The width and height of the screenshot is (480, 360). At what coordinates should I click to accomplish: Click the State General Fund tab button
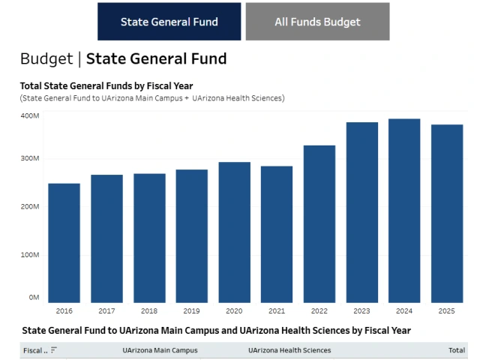(x=169, y=22)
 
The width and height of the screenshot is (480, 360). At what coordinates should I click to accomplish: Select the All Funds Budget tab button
(x=317, y=22)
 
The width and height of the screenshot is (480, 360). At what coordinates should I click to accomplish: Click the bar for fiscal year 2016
(x=64, y=243)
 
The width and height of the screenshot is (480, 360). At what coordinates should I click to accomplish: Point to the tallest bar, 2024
(x=403, y=211)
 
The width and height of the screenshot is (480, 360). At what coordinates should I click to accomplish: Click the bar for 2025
(x=446, y=214)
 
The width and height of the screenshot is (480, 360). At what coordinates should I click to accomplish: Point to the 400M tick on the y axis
(x=30, y=116)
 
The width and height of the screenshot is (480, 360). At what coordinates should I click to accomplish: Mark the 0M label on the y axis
(x=34, y=298)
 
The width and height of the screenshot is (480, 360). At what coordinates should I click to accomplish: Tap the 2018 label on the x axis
(x=149, y=310)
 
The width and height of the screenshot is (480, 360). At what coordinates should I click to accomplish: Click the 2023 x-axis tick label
(x=361, y=310)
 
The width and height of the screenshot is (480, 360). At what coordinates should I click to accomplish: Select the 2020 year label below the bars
(x=234, y=310)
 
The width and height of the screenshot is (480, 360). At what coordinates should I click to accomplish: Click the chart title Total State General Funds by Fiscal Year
(x=106, y=85)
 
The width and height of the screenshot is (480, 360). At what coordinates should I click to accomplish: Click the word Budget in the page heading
(x=46, y=58)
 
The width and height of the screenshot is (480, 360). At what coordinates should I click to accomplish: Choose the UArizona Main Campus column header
(x=160, y=350)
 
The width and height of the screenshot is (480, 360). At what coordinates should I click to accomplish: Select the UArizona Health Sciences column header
(x=289, y=350)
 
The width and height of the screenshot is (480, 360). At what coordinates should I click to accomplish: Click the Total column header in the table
(x=456, y=350)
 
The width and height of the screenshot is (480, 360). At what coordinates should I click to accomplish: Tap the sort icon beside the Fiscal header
(x=54, y=350)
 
